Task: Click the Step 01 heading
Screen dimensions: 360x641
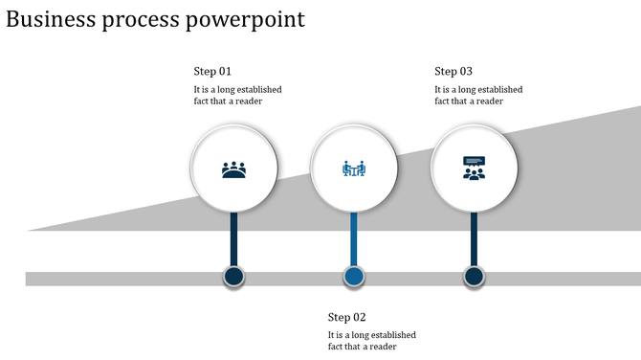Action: coord(212,71)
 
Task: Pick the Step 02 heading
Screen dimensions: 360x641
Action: coord(346,317)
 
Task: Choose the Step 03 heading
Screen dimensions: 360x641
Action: coord(453,71)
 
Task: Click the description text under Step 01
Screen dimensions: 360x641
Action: coord(237,95)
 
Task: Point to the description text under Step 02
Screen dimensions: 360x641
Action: coord(371,341)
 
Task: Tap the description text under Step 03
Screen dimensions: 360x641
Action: coord(478,95)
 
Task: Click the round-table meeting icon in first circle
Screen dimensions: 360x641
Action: coord(234,169)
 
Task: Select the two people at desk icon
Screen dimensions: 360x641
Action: coord(354,169)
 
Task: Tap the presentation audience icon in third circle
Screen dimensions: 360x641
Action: coord(474,169)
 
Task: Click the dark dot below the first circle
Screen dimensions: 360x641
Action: coord(234,278)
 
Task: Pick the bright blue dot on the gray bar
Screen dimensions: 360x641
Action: coord(354,278)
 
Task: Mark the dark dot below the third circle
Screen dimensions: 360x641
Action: coord(474,278)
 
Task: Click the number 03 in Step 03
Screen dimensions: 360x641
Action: coord(466,71)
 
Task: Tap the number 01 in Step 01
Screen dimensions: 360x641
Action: coord(225,71)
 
